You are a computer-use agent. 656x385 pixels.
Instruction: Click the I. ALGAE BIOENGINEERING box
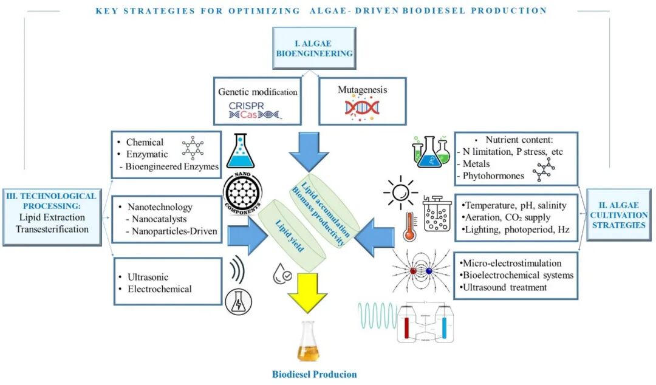[x=314, y=49]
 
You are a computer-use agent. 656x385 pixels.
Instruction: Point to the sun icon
[x=401, y=193]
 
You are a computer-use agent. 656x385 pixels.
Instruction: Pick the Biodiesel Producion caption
[x=313, y=374]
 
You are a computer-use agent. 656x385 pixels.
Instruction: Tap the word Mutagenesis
[x=363, y=90]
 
